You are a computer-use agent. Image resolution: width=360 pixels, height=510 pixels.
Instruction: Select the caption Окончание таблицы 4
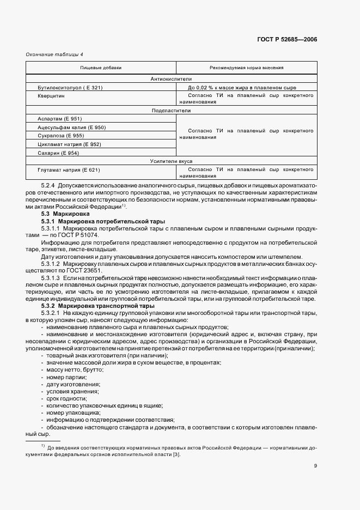point(55,54)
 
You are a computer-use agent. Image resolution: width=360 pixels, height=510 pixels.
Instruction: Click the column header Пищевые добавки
point(101,68)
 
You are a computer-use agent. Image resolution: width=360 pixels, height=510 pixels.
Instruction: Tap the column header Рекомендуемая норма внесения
point(246,68)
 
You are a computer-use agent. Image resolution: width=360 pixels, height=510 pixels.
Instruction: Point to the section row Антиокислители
point(171,79)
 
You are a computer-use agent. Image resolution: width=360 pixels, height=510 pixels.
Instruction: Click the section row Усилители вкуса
point(171,161)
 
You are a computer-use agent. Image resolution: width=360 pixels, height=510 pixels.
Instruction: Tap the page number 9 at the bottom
point(315,465)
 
